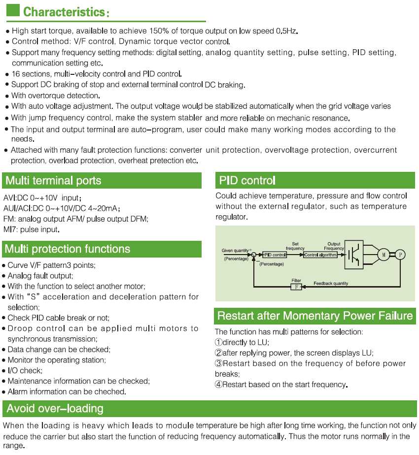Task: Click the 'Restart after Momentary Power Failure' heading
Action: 315,316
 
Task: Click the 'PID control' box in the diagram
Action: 274,255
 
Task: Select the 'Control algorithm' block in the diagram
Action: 320,255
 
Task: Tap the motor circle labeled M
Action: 384,255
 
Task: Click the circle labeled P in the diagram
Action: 401,255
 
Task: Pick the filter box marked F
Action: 296,287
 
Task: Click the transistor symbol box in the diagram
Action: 354,255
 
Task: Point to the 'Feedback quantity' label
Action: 331,284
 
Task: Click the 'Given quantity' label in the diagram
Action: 236,251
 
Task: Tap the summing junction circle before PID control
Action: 254,255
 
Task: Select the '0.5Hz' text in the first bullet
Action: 287,31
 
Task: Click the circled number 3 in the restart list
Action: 218,363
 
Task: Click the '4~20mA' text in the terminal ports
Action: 103,208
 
